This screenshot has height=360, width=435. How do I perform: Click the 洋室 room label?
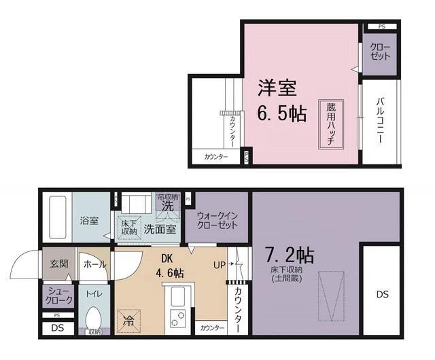pyautogui.click(x=276, y=88)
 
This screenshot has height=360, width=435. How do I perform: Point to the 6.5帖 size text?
pyautogui.click(x=281, y=112)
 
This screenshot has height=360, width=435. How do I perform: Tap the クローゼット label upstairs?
pyautogui.click(x=381, y=52)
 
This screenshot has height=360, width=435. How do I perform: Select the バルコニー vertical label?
pyautogui.click(x=380, y=122)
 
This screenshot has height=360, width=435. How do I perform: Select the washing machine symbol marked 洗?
pyautogui.click(x=167, y=204)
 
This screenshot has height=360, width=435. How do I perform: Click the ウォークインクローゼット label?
pyautogui.click(x=217, y=220)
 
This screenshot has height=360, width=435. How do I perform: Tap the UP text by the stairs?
pyautogui.click(x=220, y=265)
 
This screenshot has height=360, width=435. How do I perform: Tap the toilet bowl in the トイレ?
pyautogui.click(x=94, y=319)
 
